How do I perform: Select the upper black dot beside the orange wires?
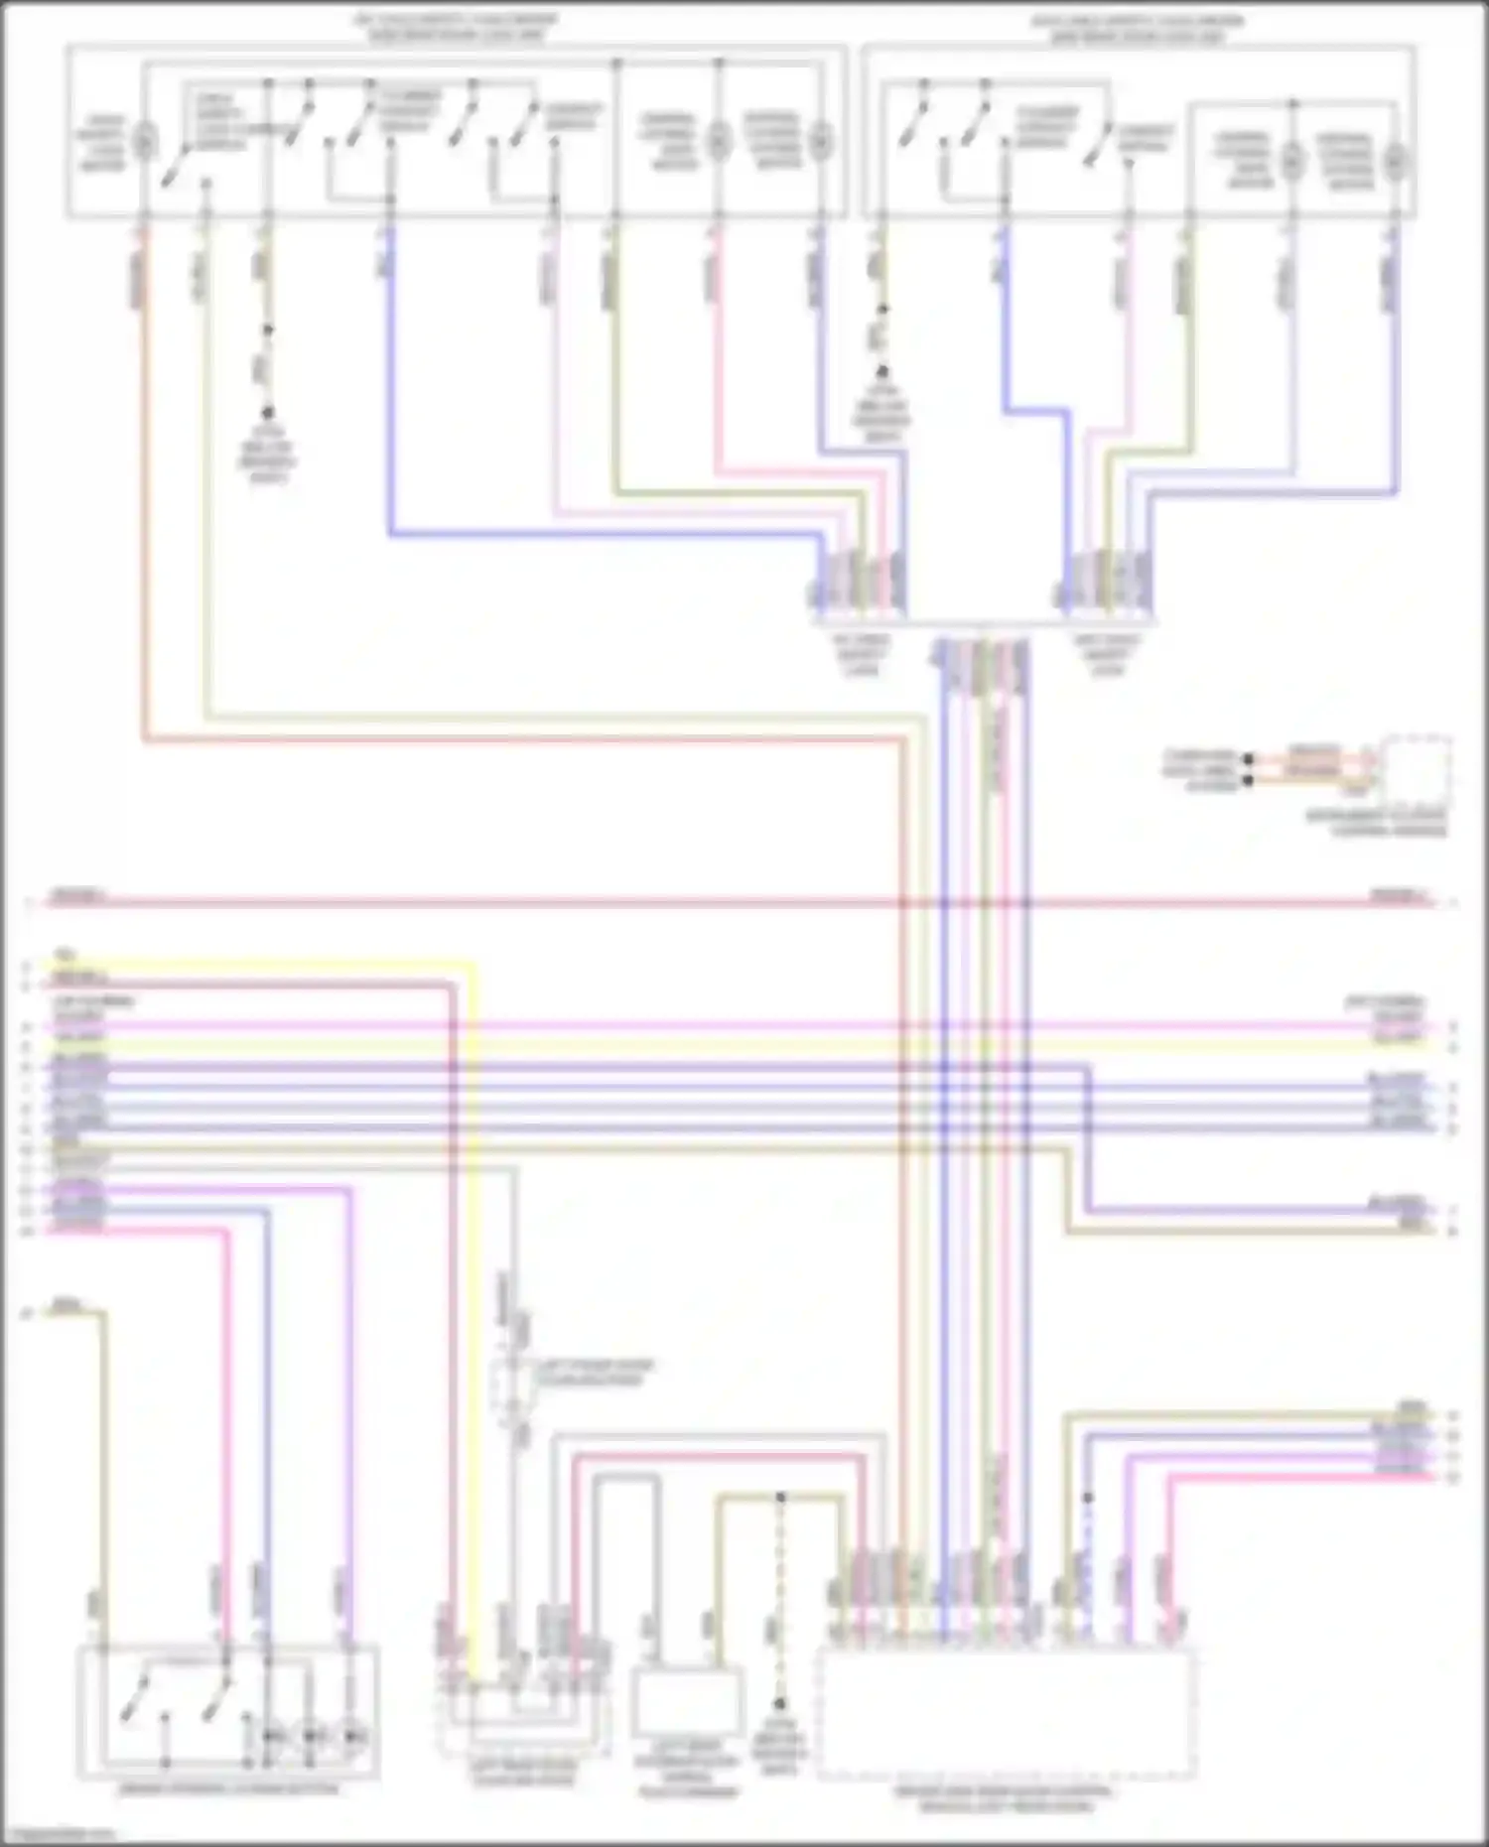click(x=1249, y=759)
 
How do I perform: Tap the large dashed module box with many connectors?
click(x=1006, y=1715)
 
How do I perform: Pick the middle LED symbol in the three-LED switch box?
click(x=312, y=1737)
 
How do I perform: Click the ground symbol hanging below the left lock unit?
click(x=267, y=413)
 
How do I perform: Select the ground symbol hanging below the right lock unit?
click(x=881, y=373)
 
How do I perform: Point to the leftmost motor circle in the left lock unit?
click(x=145, y=141)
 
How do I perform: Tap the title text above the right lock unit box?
click(x=1138, y=29)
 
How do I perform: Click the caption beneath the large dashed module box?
click(x=1005, y=1799)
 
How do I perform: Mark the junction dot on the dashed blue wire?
click(x=1088, y=1498)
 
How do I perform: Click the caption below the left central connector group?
click(x=862, y=655)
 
